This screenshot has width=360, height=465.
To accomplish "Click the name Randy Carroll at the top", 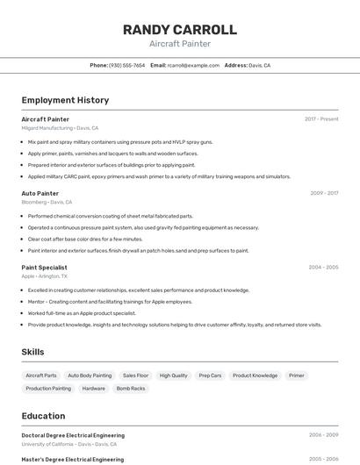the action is [x=180, y=29].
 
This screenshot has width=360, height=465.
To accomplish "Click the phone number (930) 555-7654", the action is [x=127, y=65].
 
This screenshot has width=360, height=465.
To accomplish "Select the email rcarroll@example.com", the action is [x=193, y=65].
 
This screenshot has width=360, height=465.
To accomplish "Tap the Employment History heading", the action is [x=65, y=100].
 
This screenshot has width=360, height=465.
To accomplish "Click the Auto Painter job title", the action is [x=40, y=193].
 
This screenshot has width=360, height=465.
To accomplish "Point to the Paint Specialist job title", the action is [x=44, y=267].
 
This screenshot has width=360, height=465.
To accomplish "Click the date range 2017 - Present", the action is [x=321, y=118].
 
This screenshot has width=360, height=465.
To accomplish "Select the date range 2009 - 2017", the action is [x=324, y=193].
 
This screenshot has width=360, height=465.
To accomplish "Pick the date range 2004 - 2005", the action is [x=323, y=267].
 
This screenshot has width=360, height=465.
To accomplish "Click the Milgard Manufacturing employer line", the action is [x=60, y=128].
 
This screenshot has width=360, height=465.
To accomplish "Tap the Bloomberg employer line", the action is [x=47, y=202].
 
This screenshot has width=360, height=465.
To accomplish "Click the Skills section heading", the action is [x=33, y=352].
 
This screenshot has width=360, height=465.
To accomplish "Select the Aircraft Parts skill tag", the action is [x=41, y=376].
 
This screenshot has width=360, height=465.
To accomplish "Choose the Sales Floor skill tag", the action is [x=135, y=376].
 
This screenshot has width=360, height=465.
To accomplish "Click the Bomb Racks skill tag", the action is [x=131, y=388].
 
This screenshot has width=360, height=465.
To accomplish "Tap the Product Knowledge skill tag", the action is [x=255, y=376].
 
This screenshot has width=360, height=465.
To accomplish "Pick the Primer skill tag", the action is [x=297, y=376].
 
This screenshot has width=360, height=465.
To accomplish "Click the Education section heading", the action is [x=43, y=416].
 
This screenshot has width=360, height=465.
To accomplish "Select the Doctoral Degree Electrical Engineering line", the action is [x=73, y=435].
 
